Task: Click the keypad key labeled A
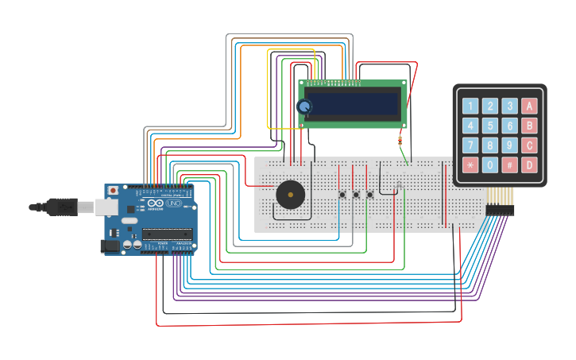pos(529,106)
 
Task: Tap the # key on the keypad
pos(510,166)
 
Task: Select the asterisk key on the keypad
pos(471,166)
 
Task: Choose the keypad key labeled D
pos(529,166)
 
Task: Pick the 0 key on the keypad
pos(491,166)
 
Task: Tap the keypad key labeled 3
pos(510,106)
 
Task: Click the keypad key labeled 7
pos(471,145)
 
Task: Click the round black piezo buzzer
pos(289,195)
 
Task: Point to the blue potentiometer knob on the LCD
pos(304,106)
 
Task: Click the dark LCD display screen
pos(353,104)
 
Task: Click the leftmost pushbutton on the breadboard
pos(342,195)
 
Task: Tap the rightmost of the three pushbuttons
pos(369,195)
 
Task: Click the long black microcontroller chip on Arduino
pos(166,234)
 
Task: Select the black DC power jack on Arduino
pos(110,247)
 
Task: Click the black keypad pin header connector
pos(501,210)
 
